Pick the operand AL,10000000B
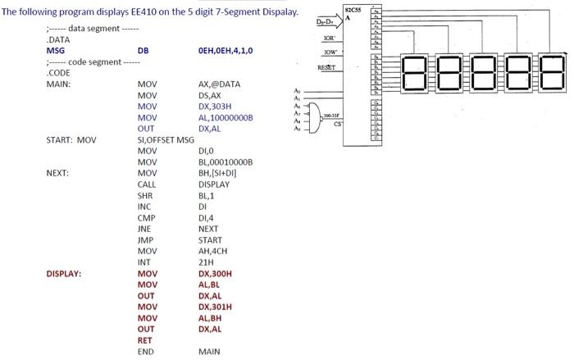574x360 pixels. [x=225, y=117]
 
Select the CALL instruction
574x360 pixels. [x=147, y=185]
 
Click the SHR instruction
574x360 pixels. [x=146, y=195]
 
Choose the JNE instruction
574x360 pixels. [x=146, y=229]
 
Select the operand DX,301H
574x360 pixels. [x=216, y=307]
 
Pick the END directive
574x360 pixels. [x=146, y=352]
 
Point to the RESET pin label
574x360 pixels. [x=329, y=66]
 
